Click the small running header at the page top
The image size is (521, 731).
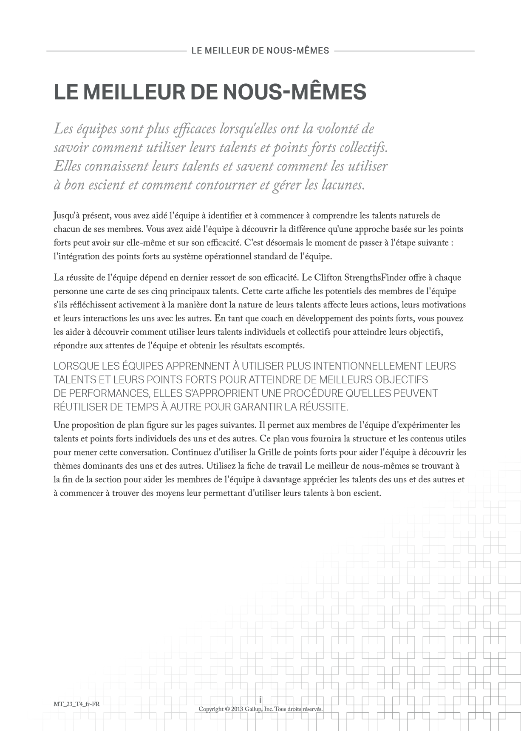[260, 51]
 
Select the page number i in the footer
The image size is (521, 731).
[260, 700]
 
